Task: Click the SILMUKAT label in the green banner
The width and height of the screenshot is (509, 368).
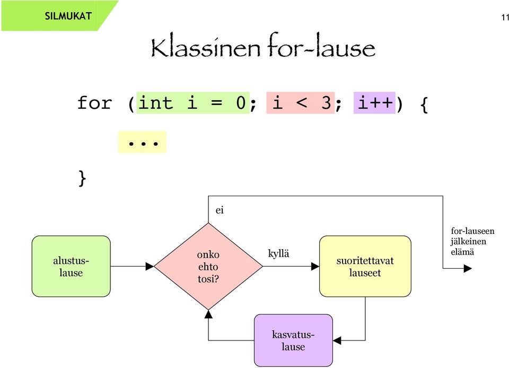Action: coord(68,16)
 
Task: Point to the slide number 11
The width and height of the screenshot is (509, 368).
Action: coord(505,17)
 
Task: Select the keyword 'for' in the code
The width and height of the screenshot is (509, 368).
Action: coord(94,103)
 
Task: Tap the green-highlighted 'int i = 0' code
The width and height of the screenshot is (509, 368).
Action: coord(193,103)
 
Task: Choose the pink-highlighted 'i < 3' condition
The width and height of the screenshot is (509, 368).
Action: coord(300,103)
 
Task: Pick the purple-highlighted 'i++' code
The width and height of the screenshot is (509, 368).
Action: coord(374,103)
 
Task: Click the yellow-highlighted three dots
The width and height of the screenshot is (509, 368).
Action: coord(142,142)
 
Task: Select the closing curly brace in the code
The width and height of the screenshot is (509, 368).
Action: coord(83,179)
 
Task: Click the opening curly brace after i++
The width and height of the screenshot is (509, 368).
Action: coord(424,104)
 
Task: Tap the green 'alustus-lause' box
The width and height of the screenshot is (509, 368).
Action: coord(71,266)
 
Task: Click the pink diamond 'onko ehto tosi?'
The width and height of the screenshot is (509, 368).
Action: coord(208,266)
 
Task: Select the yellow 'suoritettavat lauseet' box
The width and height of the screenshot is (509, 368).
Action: coord(365,266)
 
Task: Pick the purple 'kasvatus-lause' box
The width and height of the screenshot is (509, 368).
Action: coord(293,340)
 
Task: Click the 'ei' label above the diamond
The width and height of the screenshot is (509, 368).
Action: coord(220,211)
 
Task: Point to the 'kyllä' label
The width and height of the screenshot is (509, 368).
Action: coord(278,253)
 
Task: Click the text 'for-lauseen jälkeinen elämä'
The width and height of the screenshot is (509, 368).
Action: coord(472,241)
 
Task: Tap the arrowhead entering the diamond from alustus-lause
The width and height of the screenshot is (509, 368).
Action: coord(150,266)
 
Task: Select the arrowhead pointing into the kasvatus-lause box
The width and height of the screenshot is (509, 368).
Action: coord(337,340)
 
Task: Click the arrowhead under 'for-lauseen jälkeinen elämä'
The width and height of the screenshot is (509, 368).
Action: coord(468,268)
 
